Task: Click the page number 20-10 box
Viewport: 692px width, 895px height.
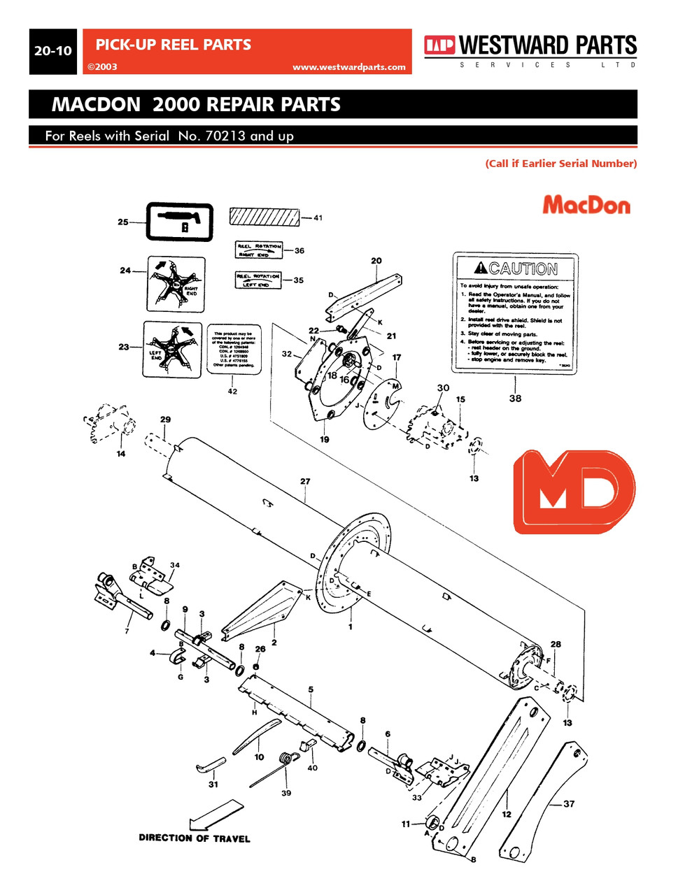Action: point(53,51)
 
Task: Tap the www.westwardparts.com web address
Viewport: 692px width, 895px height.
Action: point(348,67)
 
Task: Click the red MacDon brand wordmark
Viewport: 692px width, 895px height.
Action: point(586,205)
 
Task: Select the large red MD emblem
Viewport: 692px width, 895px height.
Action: point(574,492)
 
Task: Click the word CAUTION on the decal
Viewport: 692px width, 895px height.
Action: point(523,268)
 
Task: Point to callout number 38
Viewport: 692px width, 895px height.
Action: point(515,399)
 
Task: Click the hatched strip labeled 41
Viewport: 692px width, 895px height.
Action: point(264,216)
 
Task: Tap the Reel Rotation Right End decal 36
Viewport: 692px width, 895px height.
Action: point(258,250)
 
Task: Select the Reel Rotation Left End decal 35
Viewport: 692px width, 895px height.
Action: point(257,280)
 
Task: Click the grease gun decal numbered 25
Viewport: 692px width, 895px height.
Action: point(179,222)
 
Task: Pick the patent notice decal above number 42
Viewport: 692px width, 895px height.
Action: point(234,348)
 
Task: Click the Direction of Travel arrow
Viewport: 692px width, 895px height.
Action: point(217,815)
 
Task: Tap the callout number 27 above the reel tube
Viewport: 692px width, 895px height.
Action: point(305,481)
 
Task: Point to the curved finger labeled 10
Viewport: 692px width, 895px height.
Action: point(256,737)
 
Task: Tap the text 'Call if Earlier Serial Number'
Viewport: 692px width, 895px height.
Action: point(560,164)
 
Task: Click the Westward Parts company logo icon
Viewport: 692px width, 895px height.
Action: point(439,45)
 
